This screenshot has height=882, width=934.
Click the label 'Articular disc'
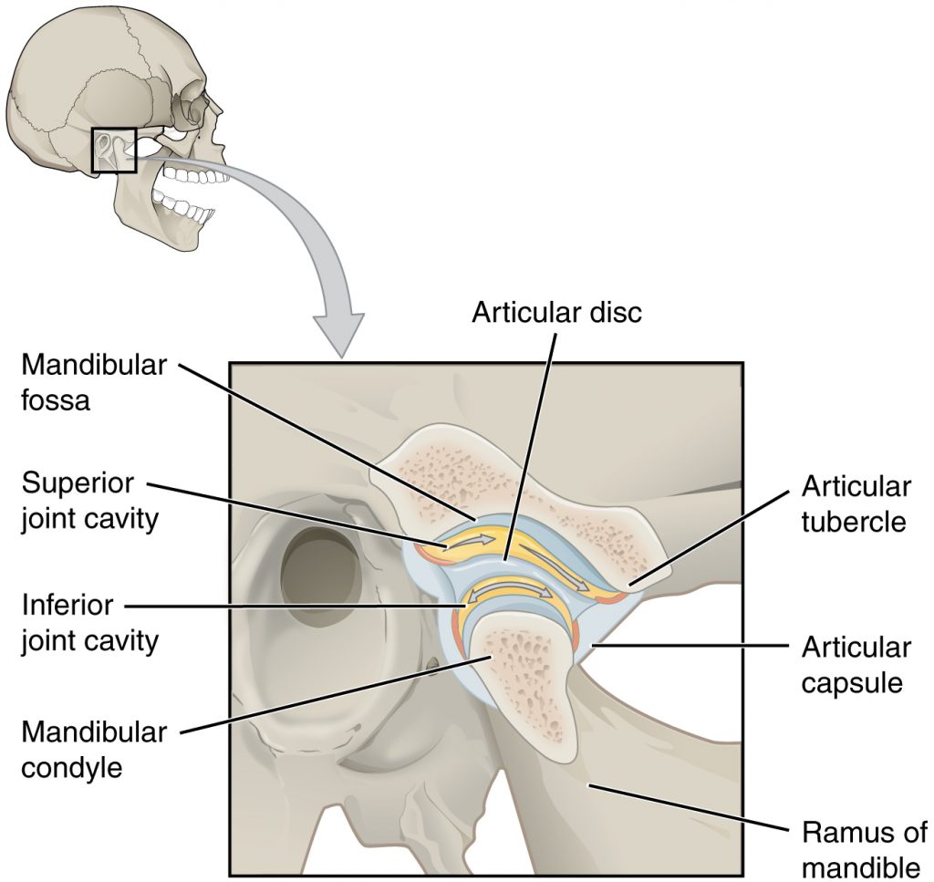point(556,313)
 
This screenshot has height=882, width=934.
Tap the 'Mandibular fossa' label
point(94,382)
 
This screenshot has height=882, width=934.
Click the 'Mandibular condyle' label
point(94,749)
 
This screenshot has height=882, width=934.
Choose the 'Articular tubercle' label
point(856,503)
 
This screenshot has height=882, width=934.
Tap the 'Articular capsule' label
point(856,665)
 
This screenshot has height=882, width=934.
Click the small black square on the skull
point(114,150)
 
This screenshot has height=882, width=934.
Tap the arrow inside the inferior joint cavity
point(511,594)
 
